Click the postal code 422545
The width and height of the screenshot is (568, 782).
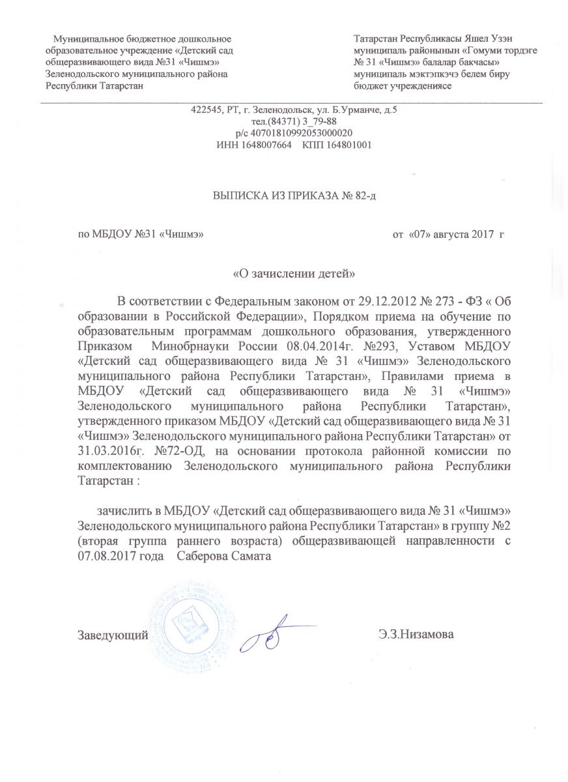click(205, 111)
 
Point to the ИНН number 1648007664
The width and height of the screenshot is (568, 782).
click(263, 144)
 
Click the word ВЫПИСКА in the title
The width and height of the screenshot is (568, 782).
click(238, 194)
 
